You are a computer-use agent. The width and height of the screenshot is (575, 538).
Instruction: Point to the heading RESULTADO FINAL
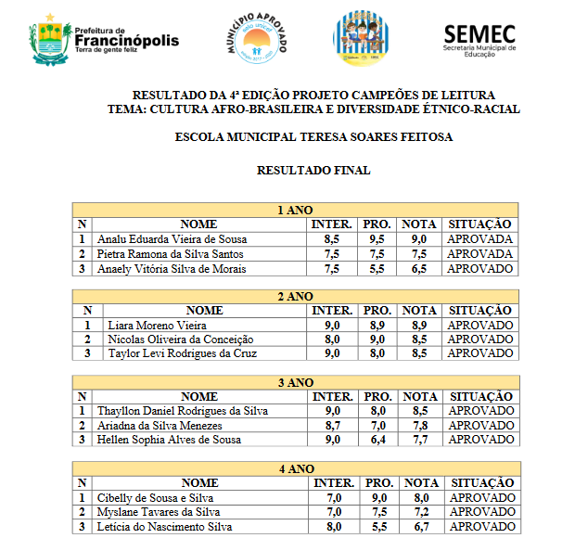[313, 170]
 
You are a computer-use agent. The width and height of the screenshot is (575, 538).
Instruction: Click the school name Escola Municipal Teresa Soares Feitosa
[313, 136]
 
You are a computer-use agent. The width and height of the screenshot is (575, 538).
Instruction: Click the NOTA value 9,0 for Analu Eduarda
[418, 239]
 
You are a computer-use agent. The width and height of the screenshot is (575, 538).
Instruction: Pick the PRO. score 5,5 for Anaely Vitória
[377, 268]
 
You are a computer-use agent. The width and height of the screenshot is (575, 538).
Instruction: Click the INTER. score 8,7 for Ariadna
[332, 425]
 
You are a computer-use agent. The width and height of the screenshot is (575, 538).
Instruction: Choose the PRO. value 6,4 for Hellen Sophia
[377, 439]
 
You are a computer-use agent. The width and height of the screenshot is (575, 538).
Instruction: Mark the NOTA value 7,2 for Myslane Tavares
[418, 511]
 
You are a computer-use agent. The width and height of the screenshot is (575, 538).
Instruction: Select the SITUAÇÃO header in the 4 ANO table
[479, 482]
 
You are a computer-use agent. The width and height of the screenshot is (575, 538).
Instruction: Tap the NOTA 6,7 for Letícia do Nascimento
[418, 526]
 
